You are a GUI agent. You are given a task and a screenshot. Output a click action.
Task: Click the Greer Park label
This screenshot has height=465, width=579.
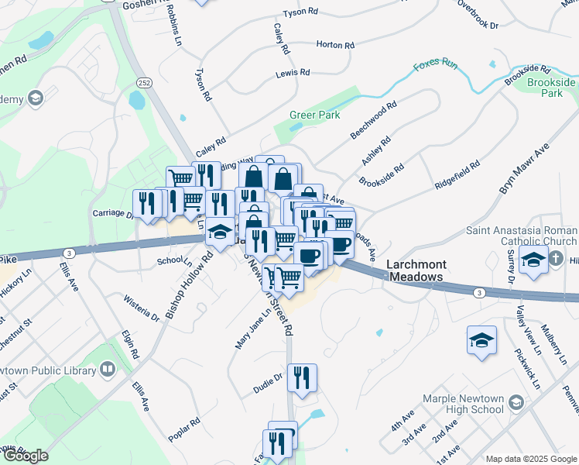point(315,115)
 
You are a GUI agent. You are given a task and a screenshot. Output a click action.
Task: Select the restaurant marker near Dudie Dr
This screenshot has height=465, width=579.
point(302,377)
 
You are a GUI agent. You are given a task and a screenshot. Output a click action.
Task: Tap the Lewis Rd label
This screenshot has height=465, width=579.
point(293,74)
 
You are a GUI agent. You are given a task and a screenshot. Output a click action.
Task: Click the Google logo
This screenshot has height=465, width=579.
point(25,456)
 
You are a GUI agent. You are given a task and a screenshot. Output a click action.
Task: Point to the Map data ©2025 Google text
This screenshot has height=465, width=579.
point(531,459)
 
